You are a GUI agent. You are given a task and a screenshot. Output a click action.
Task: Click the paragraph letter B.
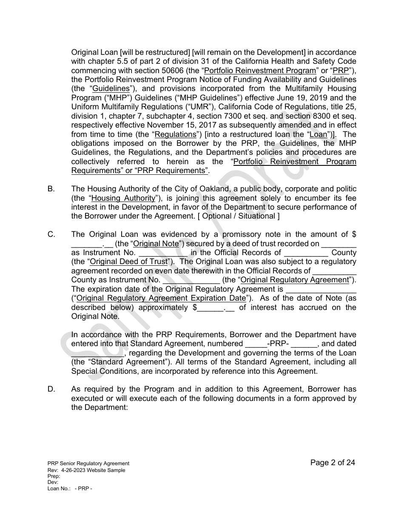point(51,189)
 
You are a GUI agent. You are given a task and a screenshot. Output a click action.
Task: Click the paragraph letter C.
point(51,234)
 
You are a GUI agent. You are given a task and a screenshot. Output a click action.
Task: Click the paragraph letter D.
point(51,389)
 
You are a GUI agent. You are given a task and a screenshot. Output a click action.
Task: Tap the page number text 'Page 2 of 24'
point(333,463)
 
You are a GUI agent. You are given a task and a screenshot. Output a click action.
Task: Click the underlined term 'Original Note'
point(155,244)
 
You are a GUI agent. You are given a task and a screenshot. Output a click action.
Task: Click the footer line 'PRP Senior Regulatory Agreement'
point(88,463)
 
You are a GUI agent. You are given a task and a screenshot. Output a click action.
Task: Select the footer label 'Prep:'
point(54,476)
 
